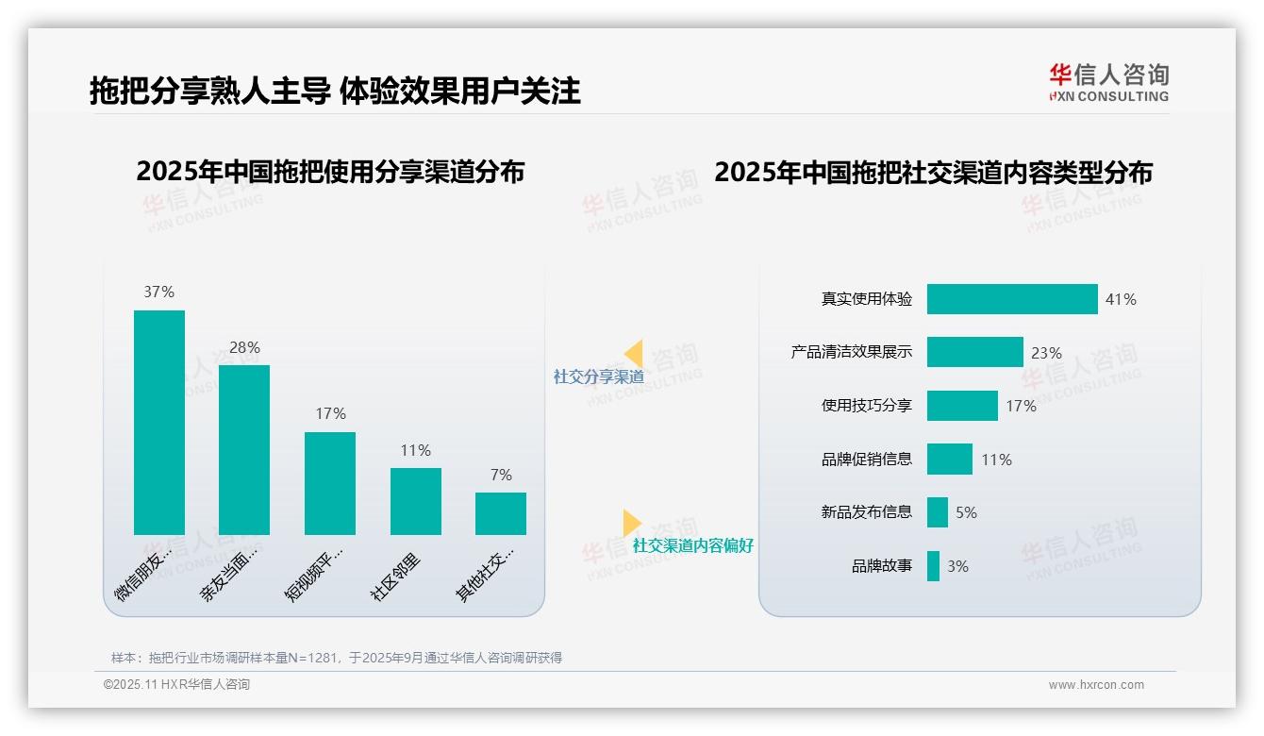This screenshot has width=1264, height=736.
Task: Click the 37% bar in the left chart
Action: pos(159,422)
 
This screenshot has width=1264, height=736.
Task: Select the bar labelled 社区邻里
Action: pos(416,501)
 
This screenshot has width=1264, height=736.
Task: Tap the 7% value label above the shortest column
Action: pos(501,475)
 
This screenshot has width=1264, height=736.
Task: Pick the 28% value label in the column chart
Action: pos(244,347)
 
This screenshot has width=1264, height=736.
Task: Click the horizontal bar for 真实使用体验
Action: pos(1012,299)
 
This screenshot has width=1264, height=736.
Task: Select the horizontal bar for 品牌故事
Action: pos(933,566)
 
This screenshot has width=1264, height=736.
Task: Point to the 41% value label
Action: pos(1121,299)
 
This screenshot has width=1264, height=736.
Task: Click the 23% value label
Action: pos(1046,353)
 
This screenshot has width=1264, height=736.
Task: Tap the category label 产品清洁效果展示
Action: pos(852,352)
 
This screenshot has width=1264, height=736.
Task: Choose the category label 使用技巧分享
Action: pos(867,406)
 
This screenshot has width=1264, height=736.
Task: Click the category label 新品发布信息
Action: pos(867,512)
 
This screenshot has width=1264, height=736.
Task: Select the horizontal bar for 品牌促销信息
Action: pos(950,460)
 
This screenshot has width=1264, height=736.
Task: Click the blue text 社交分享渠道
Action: pos(599,376)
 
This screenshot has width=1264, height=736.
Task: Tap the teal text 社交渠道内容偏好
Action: pos(693,545)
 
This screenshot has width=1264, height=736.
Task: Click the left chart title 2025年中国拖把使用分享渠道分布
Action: pos(330,172)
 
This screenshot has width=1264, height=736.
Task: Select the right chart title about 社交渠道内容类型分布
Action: pos(933,173)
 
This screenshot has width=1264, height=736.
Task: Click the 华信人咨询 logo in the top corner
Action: pos(1109,82)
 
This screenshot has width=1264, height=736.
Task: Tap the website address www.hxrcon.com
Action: pos(1096,685)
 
